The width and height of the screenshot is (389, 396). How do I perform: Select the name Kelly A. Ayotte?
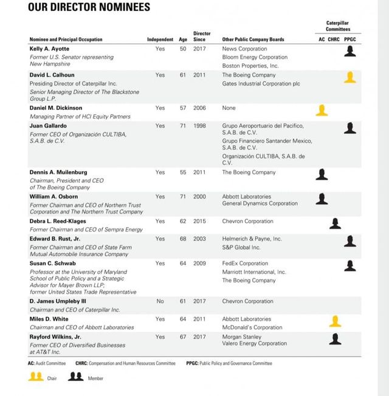coord(49,49)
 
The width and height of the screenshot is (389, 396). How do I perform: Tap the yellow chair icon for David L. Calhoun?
coord(349,77)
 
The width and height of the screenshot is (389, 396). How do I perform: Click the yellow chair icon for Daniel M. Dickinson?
coord(322,110)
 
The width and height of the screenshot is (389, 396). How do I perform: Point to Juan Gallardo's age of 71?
coord(183,126)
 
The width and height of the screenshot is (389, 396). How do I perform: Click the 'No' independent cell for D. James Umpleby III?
coord(160,301)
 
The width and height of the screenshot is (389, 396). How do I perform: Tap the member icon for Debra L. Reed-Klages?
coord(335,223)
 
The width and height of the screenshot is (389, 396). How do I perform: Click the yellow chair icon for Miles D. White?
coord(335,321)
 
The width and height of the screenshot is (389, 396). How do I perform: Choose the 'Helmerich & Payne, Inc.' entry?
coord(252,239)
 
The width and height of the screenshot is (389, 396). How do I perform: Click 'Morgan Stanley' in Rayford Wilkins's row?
coord(241,336)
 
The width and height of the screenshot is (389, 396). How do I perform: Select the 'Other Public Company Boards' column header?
coord(253,39)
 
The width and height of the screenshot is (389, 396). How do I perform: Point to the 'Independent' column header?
coord(160,39)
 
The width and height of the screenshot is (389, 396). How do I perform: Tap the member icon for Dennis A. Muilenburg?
coord(322,174)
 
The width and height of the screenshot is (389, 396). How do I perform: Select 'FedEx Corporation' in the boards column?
coord(245,264)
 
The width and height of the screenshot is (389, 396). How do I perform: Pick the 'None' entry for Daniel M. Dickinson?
coord(229,108)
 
